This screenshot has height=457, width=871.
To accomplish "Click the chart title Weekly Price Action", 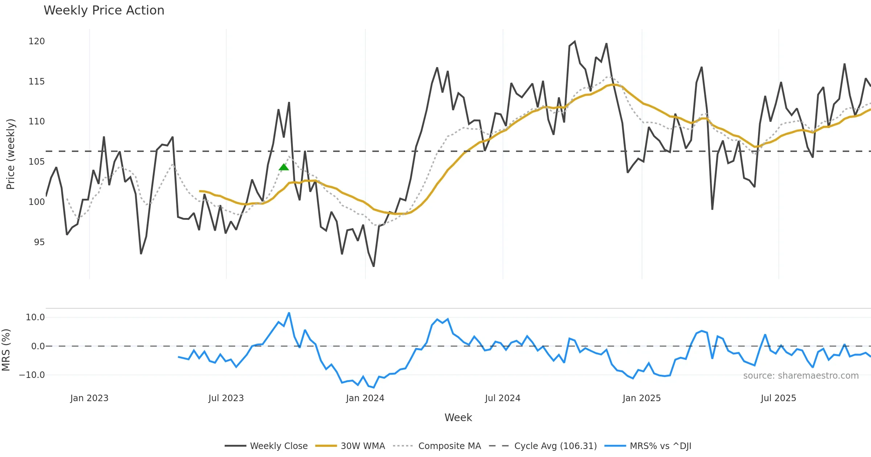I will point(104,11).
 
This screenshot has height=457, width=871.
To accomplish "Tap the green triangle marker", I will point(284,167).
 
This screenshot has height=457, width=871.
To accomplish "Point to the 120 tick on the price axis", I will point(37,41).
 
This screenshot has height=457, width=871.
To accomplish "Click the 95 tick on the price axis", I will point(39,242).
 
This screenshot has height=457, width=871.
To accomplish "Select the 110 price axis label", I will point(37,122).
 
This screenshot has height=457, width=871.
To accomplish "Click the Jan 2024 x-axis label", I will point(365,398).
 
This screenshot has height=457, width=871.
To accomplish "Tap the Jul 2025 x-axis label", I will point(778,398).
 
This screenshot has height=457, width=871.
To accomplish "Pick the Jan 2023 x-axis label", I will point(89,398).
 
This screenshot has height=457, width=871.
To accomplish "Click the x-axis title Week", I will point(458,418).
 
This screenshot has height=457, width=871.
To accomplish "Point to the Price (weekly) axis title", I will point(11,154).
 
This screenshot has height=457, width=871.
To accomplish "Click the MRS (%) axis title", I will point(6,350).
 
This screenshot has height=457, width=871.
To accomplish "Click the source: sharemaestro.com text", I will point(801,376).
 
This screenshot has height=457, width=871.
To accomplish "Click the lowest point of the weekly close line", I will point(373,267).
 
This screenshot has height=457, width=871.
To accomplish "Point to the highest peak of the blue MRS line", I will point(289,313).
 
